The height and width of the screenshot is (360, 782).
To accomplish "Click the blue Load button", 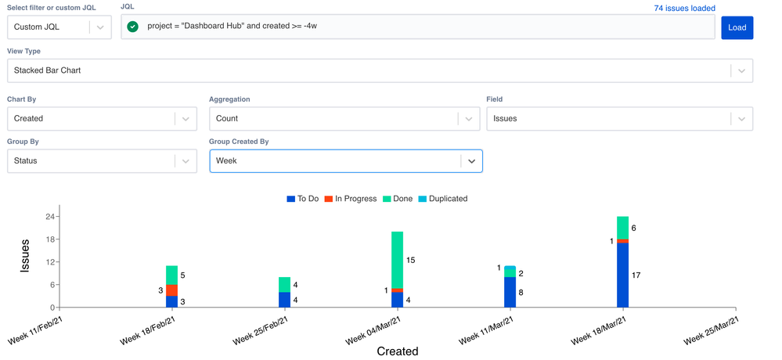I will pos(737,27).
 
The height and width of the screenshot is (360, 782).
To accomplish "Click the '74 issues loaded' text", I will pos(684,9).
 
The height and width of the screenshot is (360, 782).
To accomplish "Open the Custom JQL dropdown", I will pos(59,27).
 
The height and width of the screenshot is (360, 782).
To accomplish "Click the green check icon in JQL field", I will pos(133,27).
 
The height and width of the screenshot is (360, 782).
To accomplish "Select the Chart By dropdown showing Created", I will pos(102,119).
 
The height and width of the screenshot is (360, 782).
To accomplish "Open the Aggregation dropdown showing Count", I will pos(345,119).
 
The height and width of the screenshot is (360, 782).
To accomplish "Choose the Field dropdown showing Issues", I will pos(619,119).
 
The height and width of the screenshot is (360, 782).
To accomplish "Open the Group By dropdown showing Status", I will pos(102,161).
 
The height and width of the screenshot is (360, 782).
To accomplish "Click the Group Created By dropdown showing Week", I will pos(345,161).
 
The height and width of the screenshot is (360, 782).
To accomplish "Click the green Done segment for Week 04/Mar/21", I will pos(398,260).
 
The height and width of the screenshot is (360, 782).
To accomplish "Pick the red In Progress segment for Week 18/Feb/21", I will pos(172,290).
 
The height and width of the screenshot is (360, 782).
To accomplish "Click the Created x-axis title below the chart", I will pos(398,351).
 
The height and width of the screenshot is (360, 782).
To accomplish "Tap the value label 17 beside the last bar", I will pos(636,275).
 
